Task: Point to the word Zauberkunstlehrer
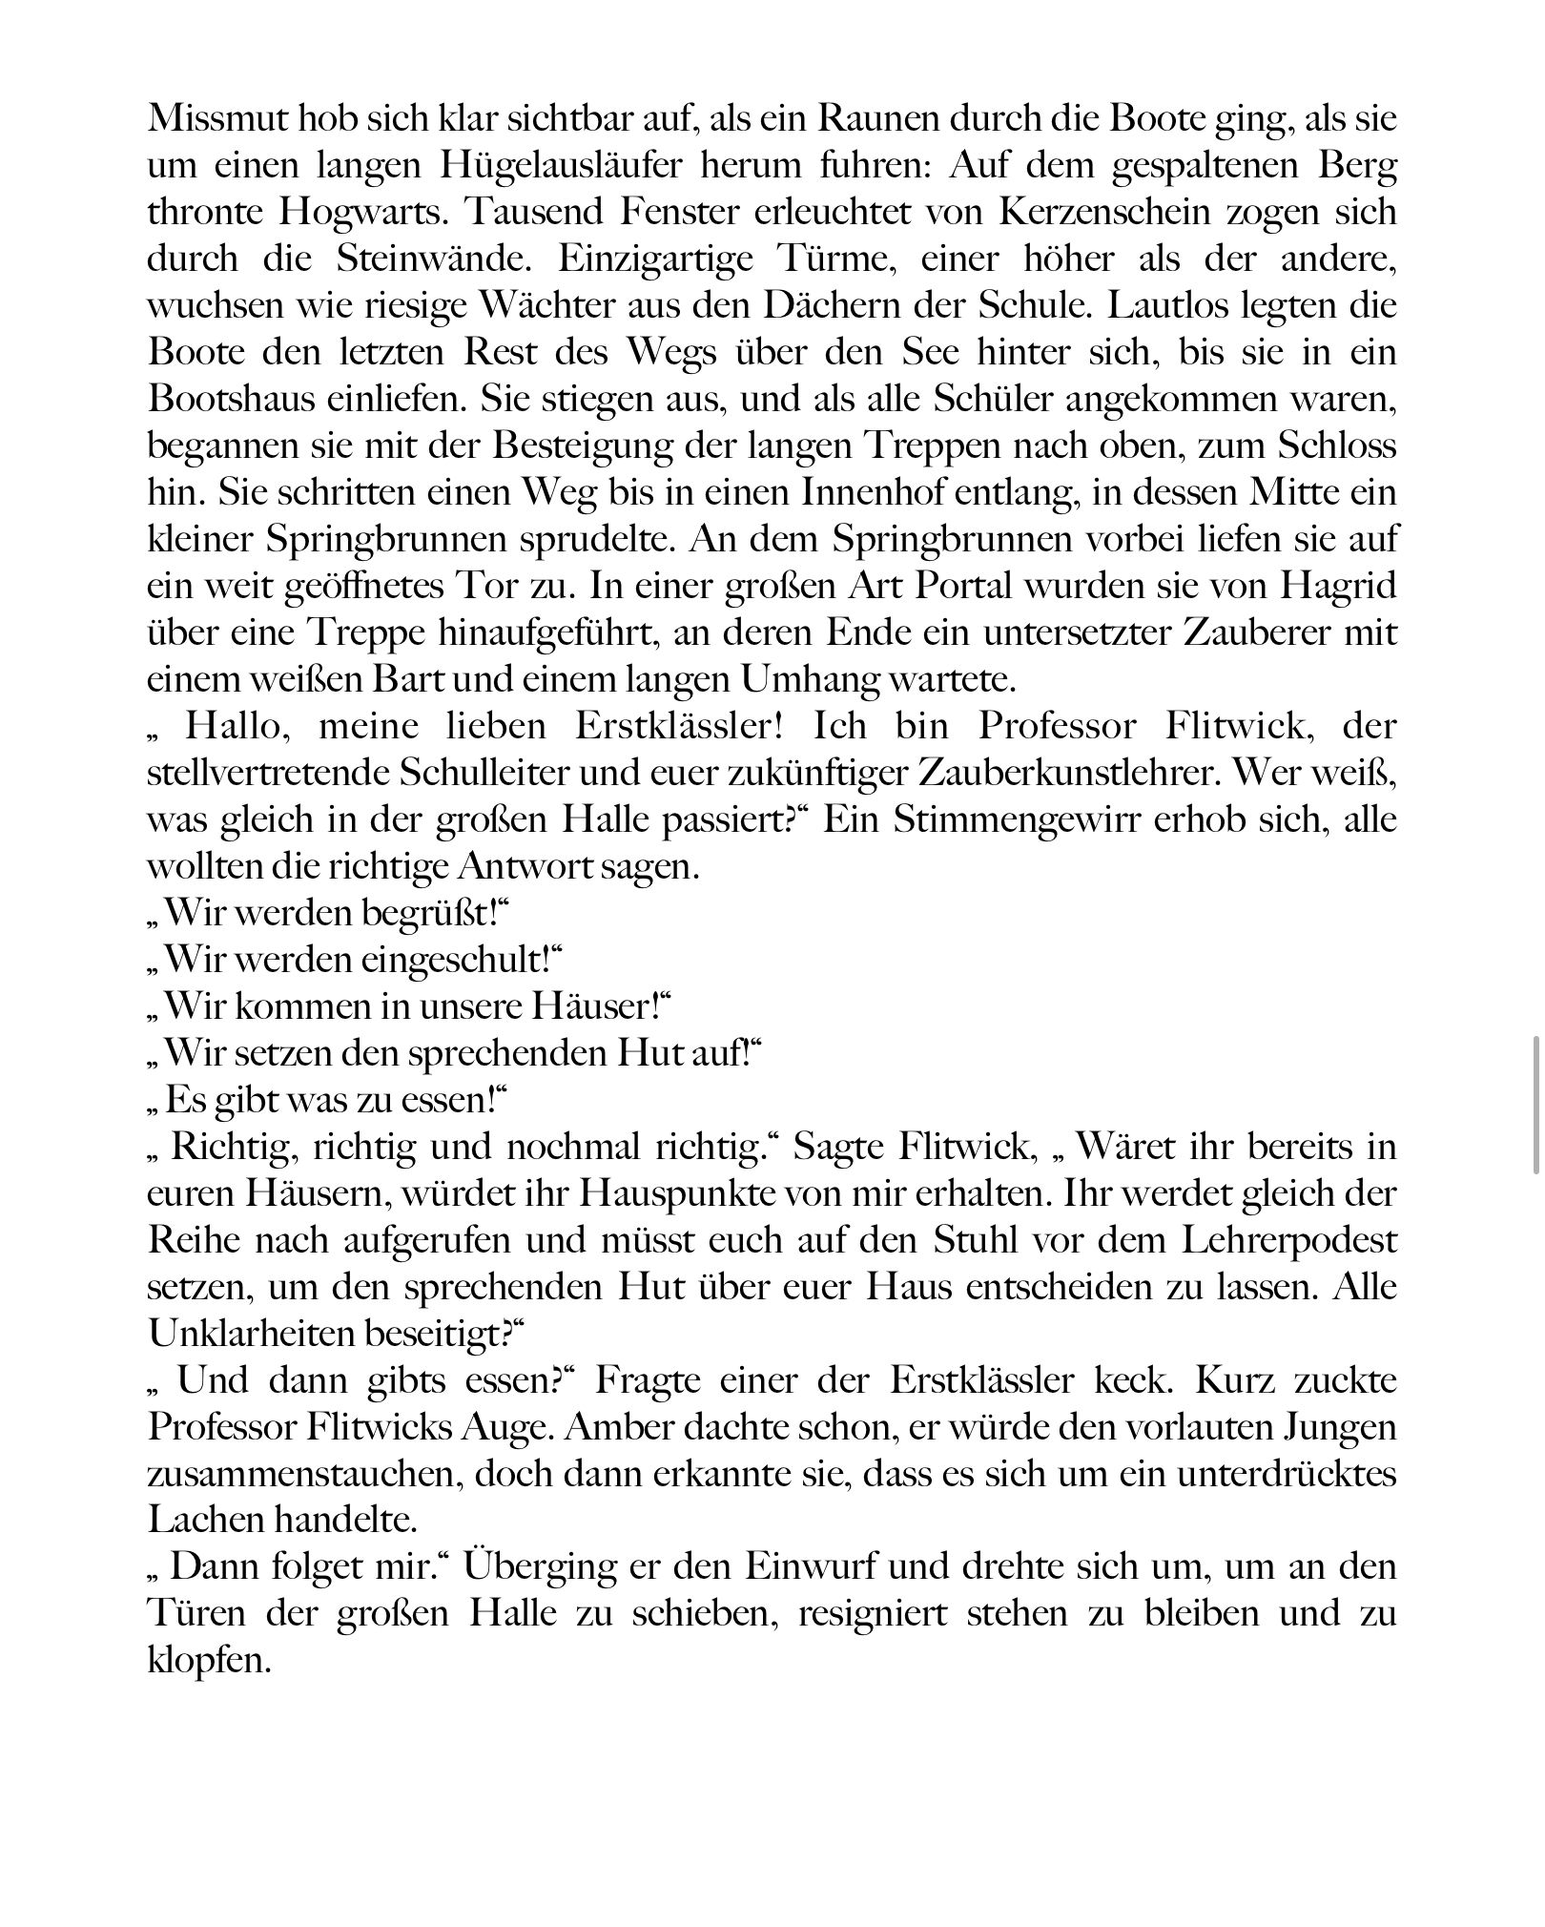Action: click(971, 774)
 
